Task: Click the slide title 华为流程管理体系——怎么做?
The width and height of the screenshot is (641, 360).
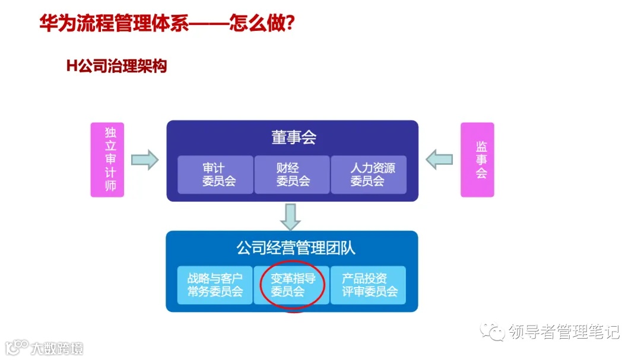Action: click(167, 24)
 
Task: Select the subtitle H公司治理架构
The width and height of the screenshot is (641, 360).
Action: click(116, 66)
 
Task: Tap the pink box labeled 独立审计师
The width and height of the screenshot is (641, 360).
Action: click(107, 160)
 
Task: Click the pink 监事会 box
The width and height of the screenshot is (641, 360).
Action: click(477, 160)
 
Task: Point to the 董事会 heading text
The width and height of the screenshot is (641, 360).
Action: click(293, 138)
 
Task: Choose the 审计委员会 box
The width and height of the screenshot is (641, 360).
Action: click(215, 174)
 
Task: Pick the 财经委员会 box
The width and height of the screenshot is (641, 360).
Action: click(292, 174)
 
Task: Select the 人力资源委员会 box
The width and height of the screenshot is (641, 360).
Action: click(369, 174)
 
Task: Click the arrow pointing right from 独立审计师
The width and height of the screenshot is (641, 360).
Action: click(145, 159)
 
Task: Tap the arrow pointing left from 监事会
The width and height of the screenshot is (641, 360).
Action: click(439, 159)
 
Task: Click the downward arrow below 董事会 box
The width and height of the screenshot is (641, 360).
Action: click(291, 216)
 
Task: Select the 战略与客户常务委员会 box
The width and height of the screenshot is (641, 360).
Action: click(215, 285)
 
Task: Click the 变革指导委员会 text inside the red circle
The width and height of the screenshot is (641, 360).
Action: click(292, 285)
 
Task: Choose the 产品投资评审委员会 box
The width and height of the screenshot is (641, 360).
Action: click(368, 285)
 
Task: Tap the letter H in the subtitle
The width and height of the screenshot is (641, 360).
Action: click(71, 66)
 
